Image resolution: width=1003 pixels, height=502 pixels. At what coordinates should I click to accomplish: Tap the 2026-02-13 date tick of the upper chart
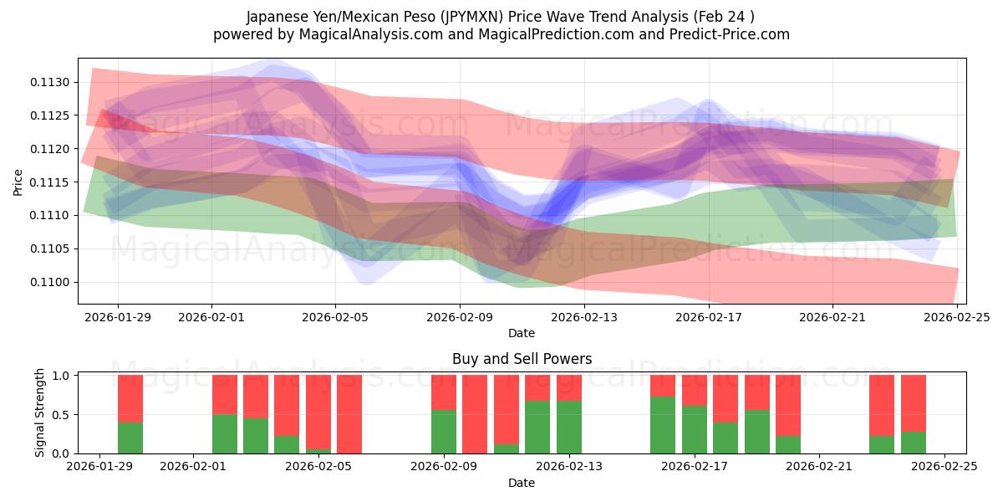[584, 317]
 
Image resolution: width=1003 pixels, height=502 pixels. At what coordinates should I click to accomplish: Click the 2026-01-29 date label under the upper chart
[117, 317]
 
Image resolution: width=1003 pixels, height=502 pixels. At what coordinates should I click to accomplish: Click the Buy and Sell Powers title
[522, 359]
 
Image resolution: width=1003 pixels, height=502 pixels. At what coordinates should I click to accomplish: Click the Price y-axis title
[18, 182]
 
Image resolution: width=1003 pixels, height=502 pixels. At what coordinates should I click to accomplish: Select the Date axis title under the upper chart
[522, 333]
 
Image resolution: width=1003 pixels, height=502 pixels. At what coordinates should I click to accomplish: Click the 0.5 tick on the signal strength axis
[63, 414]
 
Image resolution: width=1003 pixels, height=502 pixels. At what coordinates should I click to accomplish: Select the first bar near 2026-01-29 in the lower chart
[130, 414]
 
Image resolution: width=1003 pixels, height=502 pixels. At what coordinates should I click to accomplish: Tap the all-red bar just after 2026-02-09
[475, 414]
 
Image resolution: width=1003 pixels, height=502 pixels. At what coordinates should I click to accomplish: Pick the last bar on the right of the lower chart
[914, 414]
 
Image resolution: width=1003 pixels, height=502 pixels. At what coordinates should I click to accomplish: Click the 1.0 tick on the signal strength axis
[63, 376]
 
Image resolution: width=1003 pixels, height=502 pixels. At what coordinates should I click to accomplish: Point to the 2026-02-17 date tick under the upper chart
[709, 317]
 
